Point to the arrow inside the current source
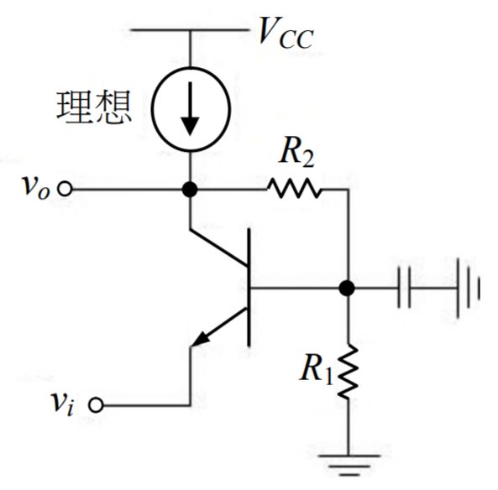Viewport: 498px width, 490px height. pos(191,113)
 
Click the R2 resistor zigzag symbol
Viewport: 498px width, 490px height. pos(294,190)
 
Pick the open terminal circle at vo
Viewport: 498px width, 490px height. pos(61,190)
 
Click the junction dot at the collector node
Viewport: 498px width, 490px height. pos(191,190)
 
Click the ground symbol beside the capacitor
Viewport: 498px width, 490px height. pos(467,289)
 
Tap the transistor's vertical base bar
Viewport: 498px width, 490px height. pos(249,289)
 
